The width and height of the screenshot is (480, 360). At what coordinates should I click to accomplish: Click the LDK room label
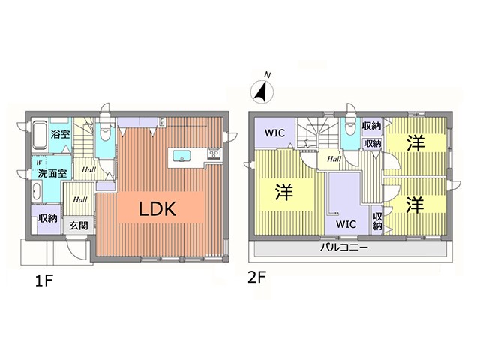coord(157,209)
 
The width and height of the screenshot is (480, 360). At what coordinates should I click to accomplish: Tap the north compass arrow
coord(262,91)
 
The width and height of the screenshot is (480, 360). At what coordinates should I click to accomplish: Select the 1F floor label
coord(44,280)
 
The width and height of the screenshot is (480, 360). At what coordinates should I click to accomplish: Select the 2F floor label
coord(256,277)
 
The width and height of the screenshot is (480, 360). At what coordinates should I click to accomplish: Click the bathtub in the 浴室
coord(40,136)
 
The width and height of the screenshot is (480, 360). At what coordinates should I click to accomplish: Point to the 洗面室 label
coord(52,173)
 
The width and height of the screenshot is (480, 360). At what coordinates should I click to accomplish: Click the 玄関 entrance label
coord(78,226)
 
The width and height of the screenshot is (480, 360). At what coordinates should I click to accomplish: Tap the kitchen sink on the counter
coord(181,155)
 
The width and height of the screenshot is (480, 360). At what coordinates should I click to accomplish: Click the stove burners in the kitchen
coord(214,154)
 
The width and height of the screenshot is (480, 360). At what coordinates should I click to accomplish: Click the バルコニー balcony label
coord(344,247)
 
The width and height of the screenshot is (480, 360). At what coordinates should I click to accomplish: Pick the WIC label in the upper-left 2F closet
coord(274,133)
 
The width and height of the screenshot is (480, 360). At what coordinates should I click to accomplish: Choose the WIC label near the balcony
coord(346,224)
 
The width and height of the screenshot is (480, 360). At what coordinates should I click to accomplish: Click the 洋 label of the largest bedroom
coord(283,192)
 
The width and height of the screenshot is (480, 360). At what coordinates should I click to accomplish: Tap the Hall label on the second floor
coord(334,159)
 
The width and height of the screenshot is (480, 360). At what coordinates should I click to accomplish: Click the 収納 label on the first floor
coord(48,218)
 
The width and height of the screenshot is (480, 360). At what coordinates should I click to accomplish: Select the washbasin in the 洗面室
coord(37,190)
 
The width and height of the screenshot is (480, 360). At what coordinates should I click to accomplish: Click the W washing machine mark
coord(39,163)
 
